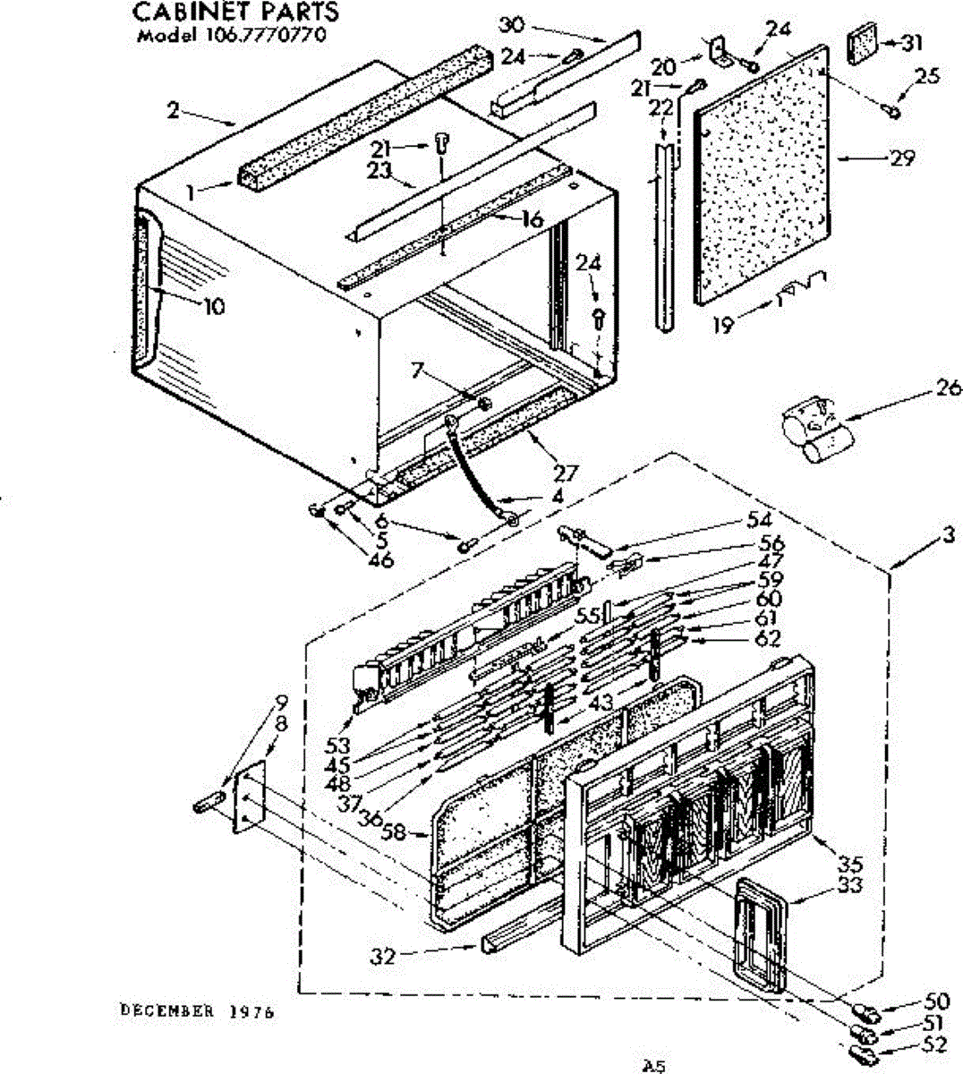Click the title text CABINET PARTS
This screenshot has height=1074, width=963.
click(236, 12)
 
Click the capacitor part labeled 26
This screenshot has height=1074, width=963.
click(816, 433)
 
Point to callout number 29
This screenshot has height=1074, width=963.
click(902, 158)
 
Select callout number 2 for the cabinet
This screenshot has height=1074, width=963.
click(173, 111)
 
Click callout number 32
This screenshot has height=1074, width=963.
click(382, 956)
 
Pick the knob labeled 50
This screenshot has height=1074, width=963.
click(866, 1014)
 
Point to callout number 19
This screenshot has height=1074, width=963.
click(723, 325)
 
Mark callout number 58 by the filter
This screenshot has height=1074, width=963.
click(393, 832)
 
